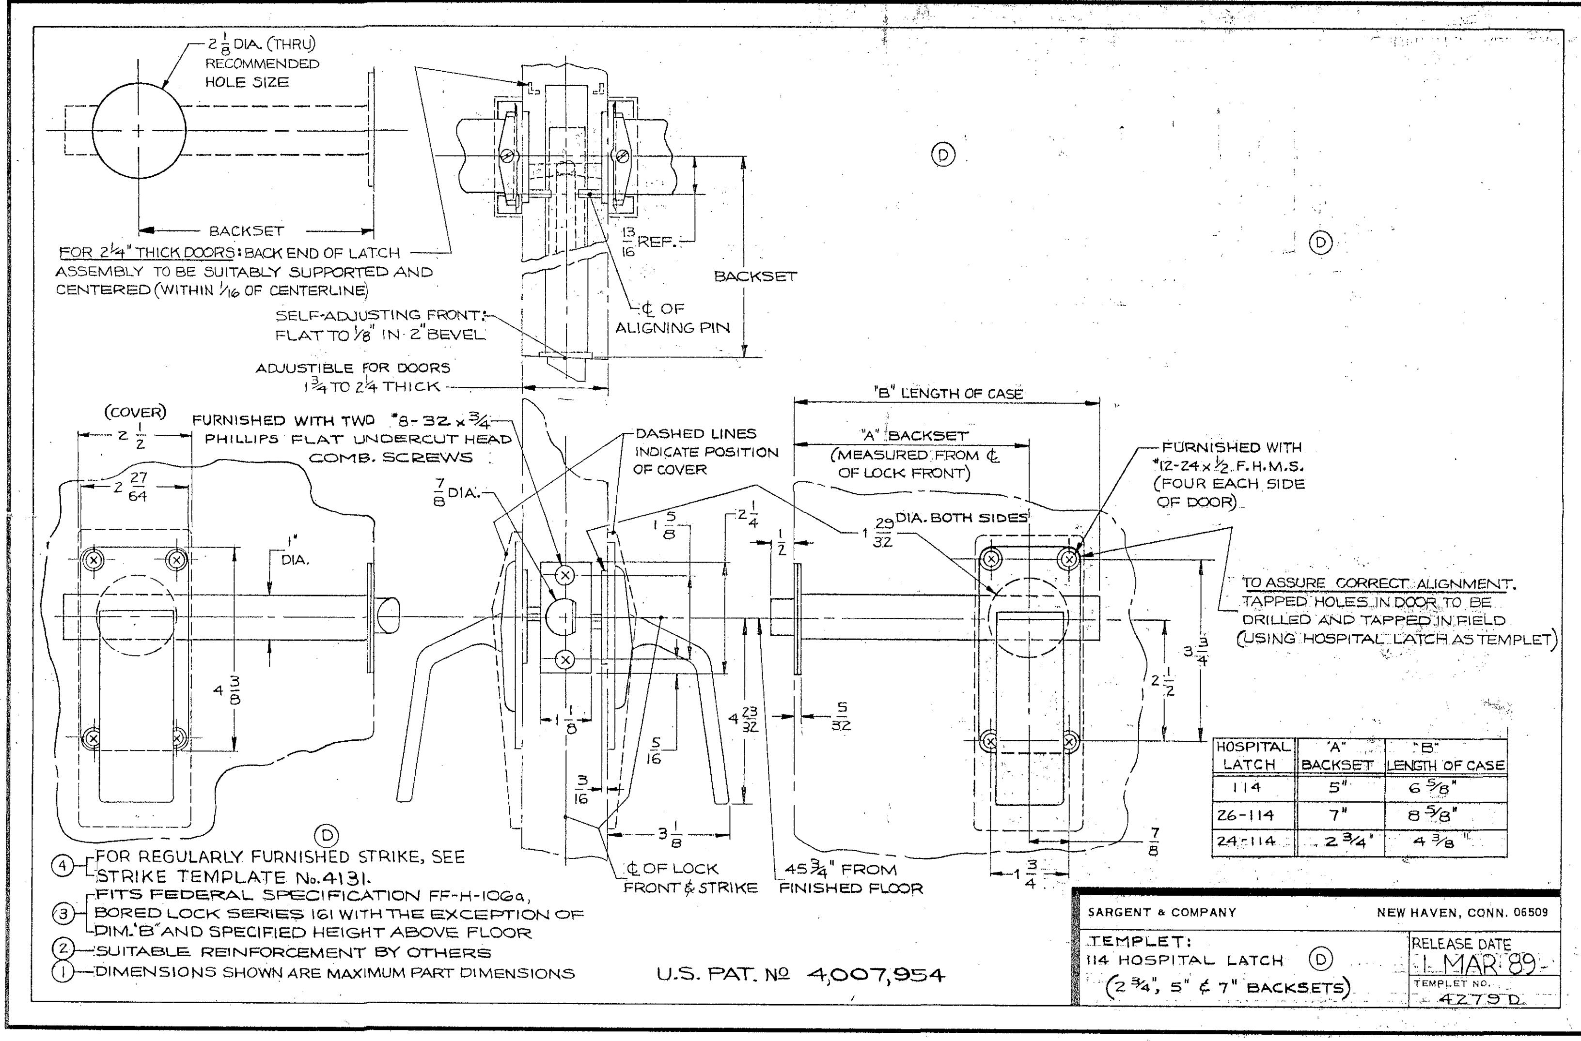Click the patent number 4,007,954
click(x=875, y=975)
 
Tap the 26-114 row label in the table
click(x=1246, y=814)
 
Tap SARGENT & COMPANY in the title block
click(x=1162, y=912)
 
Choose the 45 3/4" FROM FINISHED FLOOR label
click(x=851, y=878)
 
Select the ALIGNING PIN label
click(x=672, y=328)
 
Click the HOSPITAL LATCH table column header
click(x=1254, y=755)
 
